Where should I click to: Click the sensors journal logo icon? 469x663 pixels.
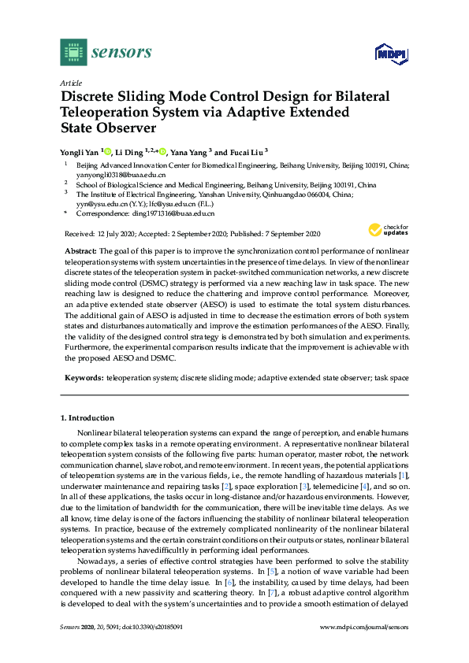click(73, 52)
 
